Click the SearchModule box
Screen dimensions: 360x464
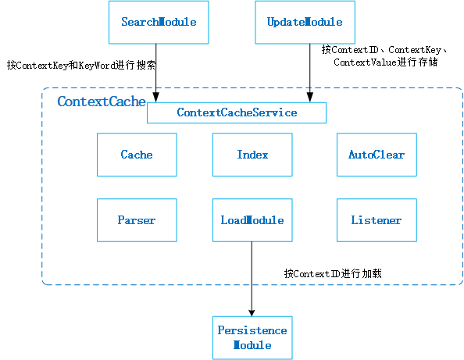[157, 22]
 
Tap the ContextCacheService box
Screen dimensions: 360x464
[237, 112]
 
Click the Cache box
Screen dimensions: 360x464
[137, 155]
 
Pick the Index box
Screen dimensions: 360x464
[252, 155]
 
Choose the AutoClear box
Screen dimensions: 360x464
[376, 155]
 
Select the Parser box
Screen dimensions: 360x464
[137, 220]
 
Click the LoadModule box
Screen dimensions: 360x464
[252, 220]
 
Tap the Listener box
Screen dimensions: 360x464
[376, 220]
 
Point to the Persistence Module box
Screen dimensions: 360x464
[252, 338]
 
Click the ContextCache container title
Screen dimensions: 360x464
[90, 102]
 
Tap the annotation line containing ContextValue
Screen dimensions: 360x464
[385, 62]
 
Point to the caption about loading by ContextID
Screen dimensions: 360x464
[332, 274]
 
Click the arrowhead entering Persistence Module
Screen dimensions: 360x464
[252, 312]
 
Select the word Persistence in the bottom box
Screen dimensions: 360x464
[252, 330]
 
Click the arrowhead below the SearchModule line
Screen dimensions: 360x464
[157, 98]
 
